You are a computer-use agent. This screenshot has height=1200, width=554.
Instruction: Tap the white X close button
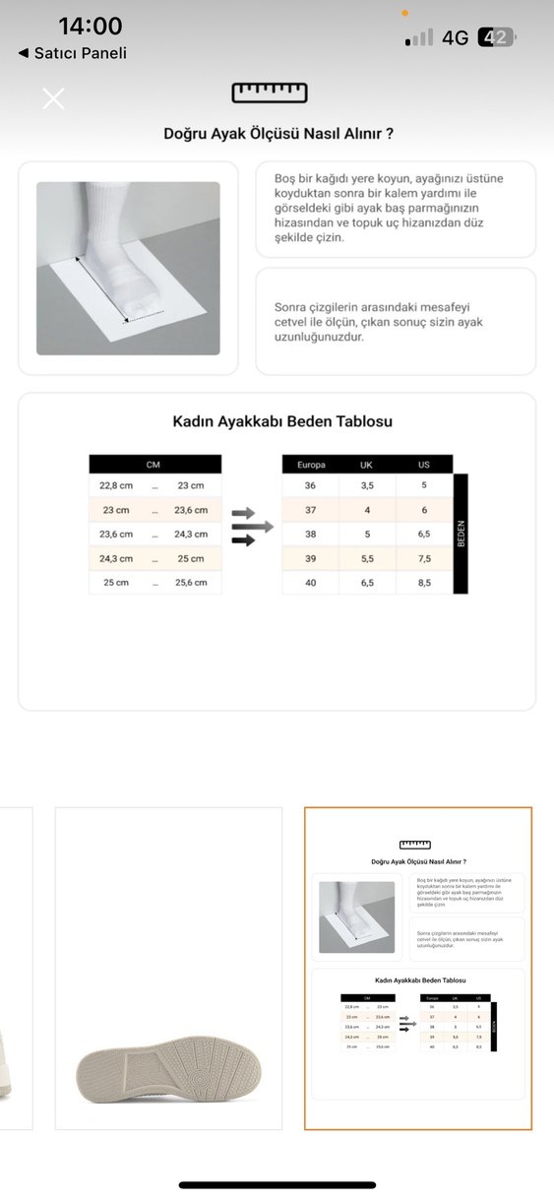click(53, 98)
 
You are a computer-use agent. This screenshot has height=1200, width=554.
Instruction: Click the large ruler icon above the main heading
click(270, 93)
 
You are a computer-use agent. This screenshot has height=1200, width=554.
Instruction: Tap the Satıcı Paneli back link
click(73, 53)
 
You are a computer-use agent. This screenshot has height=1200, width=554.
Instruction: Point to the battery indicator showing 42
click(495, 37)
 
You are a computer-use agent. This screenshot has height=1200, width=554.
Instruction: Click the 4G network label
click(455, 37)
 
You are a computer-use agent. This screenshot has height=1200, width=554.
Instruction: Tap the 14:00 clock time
click(91, 27)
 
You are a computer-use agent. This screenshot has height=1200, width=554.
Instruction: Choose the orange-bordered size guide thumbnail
click(417, 968)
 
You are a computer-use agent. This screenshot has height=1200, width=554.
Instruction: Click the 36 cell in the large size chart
click(310, 485)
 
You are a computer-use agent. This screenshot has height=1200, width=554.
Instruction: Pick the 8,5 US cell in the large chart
click(424, 582)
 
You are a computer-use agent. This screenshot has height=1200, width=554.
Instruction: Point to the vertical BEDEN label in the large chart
click(460, 534)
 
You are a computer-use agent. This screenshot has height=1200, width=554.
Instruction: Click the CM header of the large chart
click(154, 464)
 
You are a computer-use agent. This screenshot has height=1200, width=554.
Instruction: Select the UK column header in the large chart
click(366, 464)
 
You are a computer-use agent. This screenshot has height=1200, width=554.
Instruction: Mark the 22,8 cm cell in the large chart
click(116, 485)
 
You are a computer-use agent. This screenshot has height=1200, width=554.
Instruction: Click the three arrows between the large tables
click(251, 527)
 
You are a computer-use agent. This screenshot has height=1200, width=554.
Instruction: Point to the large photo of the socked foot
click(128, 268)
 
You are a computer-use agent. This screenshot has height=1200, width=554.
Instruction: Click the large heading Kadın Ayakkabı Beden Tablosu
click(282, 421)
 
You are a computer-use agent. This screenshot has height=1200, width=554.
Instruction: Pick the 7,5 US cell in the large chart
click(424, 558)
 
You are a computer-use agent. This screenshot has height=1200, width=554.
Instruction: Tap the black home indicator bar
click(277, 1185)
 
